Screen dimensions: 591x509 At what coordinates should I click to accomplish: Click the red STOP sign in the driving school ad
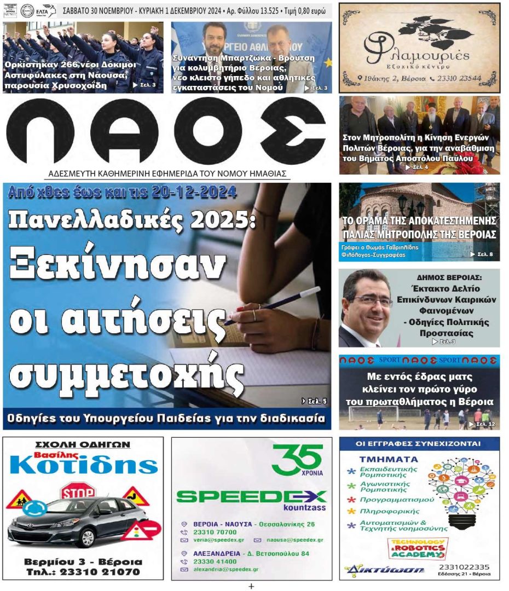click(78, 491)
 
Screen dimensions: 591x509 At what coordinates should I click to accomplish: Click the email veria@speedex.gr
click(211, 540)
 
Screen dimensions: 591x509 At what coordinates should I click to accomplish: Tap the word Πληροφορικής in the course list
click(390, 512)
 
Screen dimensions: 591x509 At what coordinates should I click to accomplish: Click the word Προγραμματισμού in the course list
click(397, 500)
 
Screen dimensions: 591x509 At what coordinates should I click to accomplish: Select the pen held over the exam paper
click(274, 306)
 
